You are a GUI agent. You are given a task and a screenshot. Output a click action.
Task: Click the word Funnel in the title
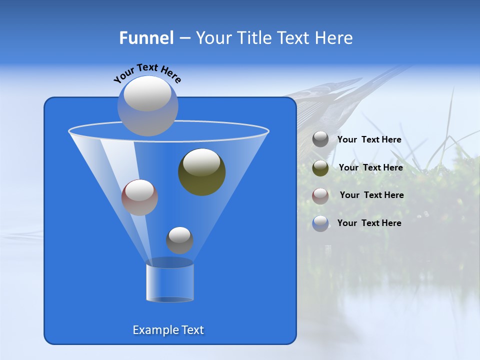pos(146,37)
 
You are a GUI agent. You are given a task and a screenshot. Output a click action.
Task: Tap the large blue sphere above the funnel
pos(147,105)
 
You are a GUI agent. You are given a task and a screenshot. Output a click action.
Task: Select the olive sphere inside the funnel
pos(201,172)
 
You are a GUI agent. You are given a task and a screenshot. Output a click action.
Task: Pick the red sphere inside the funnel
pos(139,197)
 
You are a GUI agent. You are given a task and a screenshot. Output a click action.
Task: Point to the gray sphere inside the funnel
pos(179,240)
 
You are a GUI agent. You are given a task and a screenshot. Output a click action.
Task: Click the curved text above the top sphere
pos(147,73)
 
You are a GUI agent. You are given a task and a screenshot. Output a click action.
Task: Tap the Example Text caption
pos(168,330)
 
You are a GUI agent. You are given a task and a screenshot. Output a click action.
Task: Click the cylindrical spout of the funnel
pos(170,282)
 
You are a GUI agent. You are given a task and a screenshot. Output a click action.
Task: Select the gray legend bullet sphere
pos(320,139)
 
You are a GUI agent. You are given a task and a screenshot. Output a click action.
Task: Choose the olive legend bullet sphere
pos(320,168)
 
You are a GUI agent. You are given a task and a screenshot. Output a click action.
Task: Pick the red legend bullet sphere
pos(320,195)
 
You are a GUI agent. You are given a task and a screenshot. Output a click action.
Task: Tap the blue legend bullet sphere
pos(320,223)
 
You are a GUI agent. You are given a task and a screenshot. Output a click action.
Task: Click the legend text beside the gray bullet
pos(369,140)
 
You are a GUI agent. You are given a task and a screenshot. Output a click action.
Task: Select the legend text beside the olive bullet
pos(370,168)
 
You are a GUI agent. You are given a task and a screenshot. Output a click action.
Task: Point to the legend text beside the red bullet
pos(371,195)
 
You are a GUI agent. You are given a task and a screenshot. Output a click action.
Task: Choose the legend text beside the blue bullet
pos(369,223)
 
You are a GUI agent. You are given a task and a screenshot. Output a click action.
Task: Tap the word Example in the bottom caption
pos(154,330)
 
